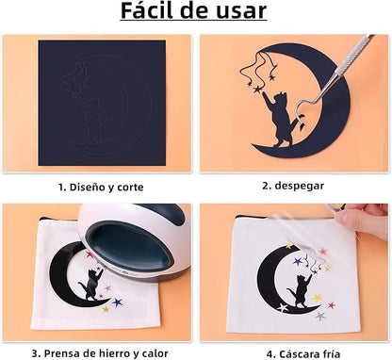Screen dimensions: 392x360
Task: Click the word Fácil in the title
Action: click(148, 10)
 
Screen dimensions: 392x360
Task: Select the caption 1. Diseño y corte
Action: click(101, 188)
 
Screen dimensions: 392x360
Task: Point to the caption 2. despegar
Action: click(293, 186)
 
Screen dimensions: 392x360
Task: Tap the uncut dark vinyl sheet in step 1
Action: click(102, 103)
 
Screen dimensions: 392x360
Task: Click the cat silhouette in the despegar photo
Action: click(282, 120)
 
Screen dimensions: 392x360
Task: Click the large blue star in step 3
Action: click(117, 303)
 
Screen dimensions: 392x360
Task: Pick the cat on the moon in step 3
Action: click(90, 285)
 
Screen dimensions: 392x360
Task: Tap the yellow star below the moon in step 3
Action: click(106, 310)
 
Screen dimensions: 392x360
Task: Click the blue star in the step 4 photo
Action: click(297, 261)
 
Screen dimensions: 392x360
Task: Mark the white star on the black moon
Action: click(283, 307)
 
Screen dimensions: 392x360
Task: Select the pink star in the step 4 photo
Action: click(323, 252)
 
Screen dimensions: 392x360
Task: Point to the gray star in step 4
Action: click(320, 316)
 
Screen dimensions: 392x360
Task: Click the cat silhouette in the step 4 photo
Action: click(300, 291)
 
